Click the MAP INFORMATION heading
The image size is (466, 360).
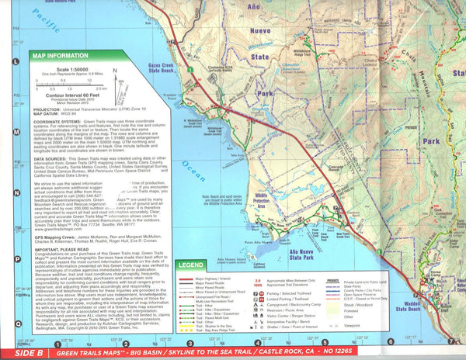coord(60,56)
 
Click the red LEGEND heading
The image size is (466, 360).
coord(190,265)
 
